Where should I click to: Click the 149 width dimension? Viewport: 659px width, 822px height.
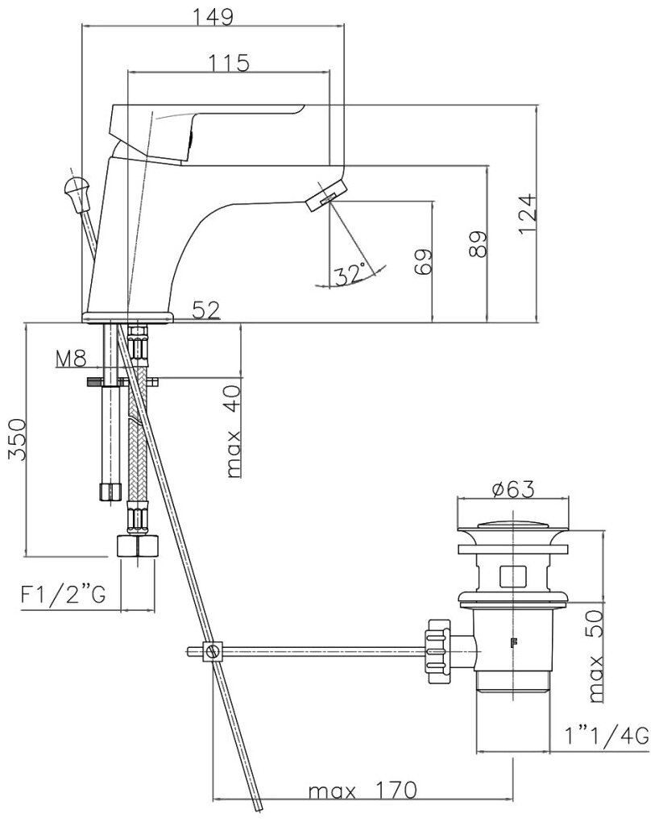coord(213,16)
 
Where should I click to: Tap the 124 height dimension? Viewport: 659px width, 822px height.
coord(527,214)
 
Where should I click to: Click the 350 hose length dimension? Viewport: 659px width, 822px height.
coord(17,440)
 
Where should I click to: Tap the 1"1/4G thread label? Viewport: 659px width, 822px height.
coord(605,734)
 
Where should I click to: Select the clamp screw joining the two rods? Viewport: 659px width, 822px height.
coord(213,651)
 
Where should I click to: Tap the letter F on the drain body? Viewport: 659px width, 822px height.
coord(512,642)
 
